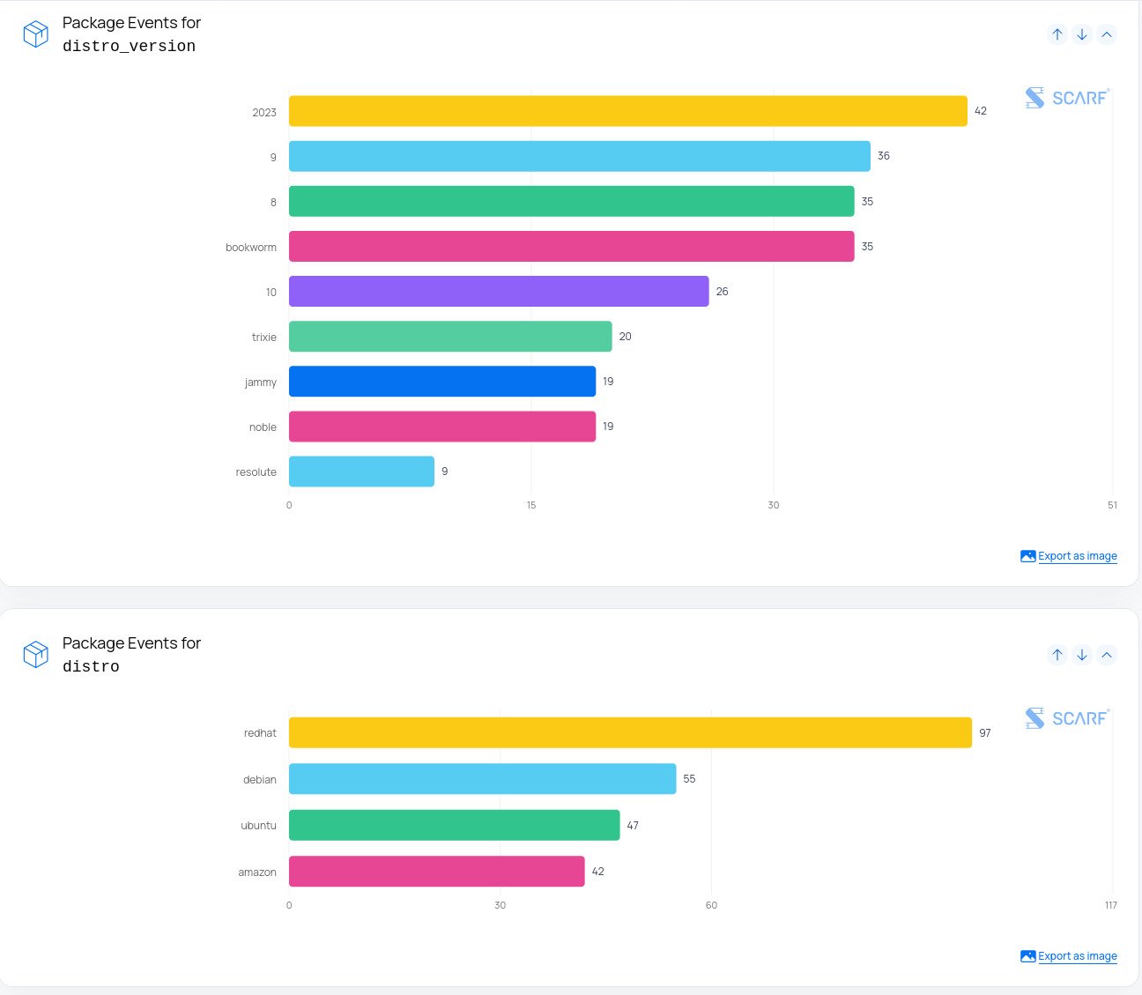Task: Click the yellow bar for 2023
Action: point(628,111)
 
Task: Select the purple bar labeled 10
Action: point(499,292)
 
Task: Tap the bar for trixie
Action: point(450,337)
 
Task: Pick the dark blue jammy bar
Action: point(442,382)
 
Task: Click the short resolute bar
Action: point(361,472)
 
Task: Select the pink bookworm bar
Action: point(572,246)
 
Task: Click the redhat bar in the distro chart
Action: point(630,732)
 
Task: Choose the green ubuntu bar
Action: point(455,826)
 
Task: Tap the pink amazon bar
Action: point(436,872)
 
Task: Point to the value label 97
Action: point(985,732)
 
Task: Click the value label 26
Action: point(723,292)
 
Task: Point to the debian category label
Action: point(260,780)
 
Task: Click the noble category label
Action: point(263,427)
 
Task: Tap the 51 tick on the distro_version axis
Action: point(1112,505)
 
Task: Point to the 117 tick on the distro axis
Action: point(1111,905)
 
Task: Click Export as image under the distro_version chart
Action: point(1078,556)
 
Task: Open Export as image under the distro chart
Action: point(1078,956)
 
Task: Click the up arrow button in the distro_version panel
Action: point(1057,34)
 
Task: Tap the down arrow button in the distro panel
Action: point(1082,655)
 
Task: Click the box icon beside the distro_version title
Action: point(36,34)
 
